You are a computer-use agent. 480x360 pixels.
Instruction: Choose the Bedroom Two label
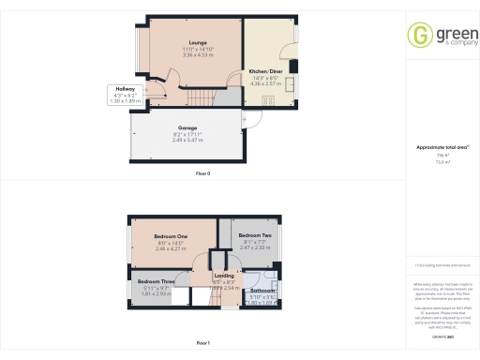[x=254, y=235]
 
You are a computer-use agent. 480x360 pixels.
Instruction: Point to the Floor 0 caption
[x=202, y=174]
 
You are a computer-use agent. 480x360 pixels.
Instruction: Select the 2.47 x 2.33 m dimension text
[x=254, y=247]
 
